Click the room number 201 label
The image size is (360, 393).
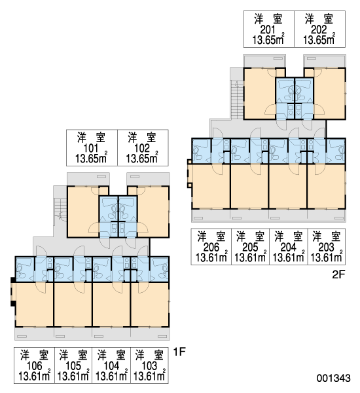(x=268, y=30)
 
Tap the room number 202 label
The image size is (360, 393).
(x=319, y=30)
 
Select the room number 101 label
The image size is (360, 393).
(x=91, y=149)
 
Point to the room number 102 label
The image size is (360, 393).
(x=142, y=149)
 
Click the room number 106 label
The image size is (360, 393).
(x=34, y=366)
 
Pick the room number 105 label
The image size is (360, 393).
(x=73, y=366)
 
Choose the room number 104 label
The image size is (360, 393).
(x=111, y=366)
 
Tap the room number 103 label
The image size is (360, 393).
(x=149, y=366)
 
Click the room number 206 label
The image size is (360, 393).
(x=211, y=248)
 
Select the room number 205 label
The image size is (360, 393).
(x=250, y=248)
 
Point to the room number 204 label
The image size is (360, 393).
(x=289, y=248)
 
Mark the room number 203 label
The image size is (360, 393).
(x=327, y=248)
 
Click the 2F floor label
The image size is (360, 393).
(x=338, y=274)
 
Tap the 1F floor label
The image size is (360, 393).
(x=179, y=352)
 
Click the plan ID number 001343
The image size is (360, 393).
(x=333, y=378)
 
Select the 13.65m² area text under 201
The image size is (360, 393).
(x=268, y=39)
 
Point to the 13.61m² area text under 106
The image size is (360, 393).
(x=35, y=375)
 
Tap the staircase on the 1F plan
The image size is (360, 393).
(x=60, y=209)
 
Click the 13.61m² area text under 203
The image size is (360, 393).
(x=327, y=257)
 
